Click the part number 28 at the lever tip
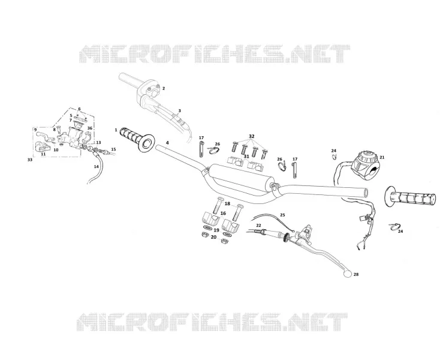pos(356,274)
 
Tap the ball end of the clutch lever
pos(348,274)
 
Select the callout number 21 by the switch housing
pos(382,158)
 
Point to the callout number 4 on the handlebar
pos(167,143)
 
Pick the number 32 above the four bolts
pos(251,136)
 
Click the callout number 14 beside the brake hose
pos(97,167)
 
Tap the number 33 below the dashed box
pos(30,160)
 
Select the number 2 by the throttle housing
pos(164,88)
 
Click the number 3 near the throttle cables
pos(180,110)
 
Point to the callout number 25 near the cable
pos(282,215)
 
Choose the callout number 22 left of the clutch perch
pos(258,226)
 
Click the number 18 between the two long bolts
pos(227,203)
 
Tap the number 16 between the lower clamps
pos(223,214)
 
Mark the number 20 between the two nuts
pos(213,237)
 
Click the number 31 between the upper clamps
pos(246,156)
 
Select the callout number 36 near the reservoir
pos(89,128)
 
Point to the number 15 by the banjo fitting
pos(113,149)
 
